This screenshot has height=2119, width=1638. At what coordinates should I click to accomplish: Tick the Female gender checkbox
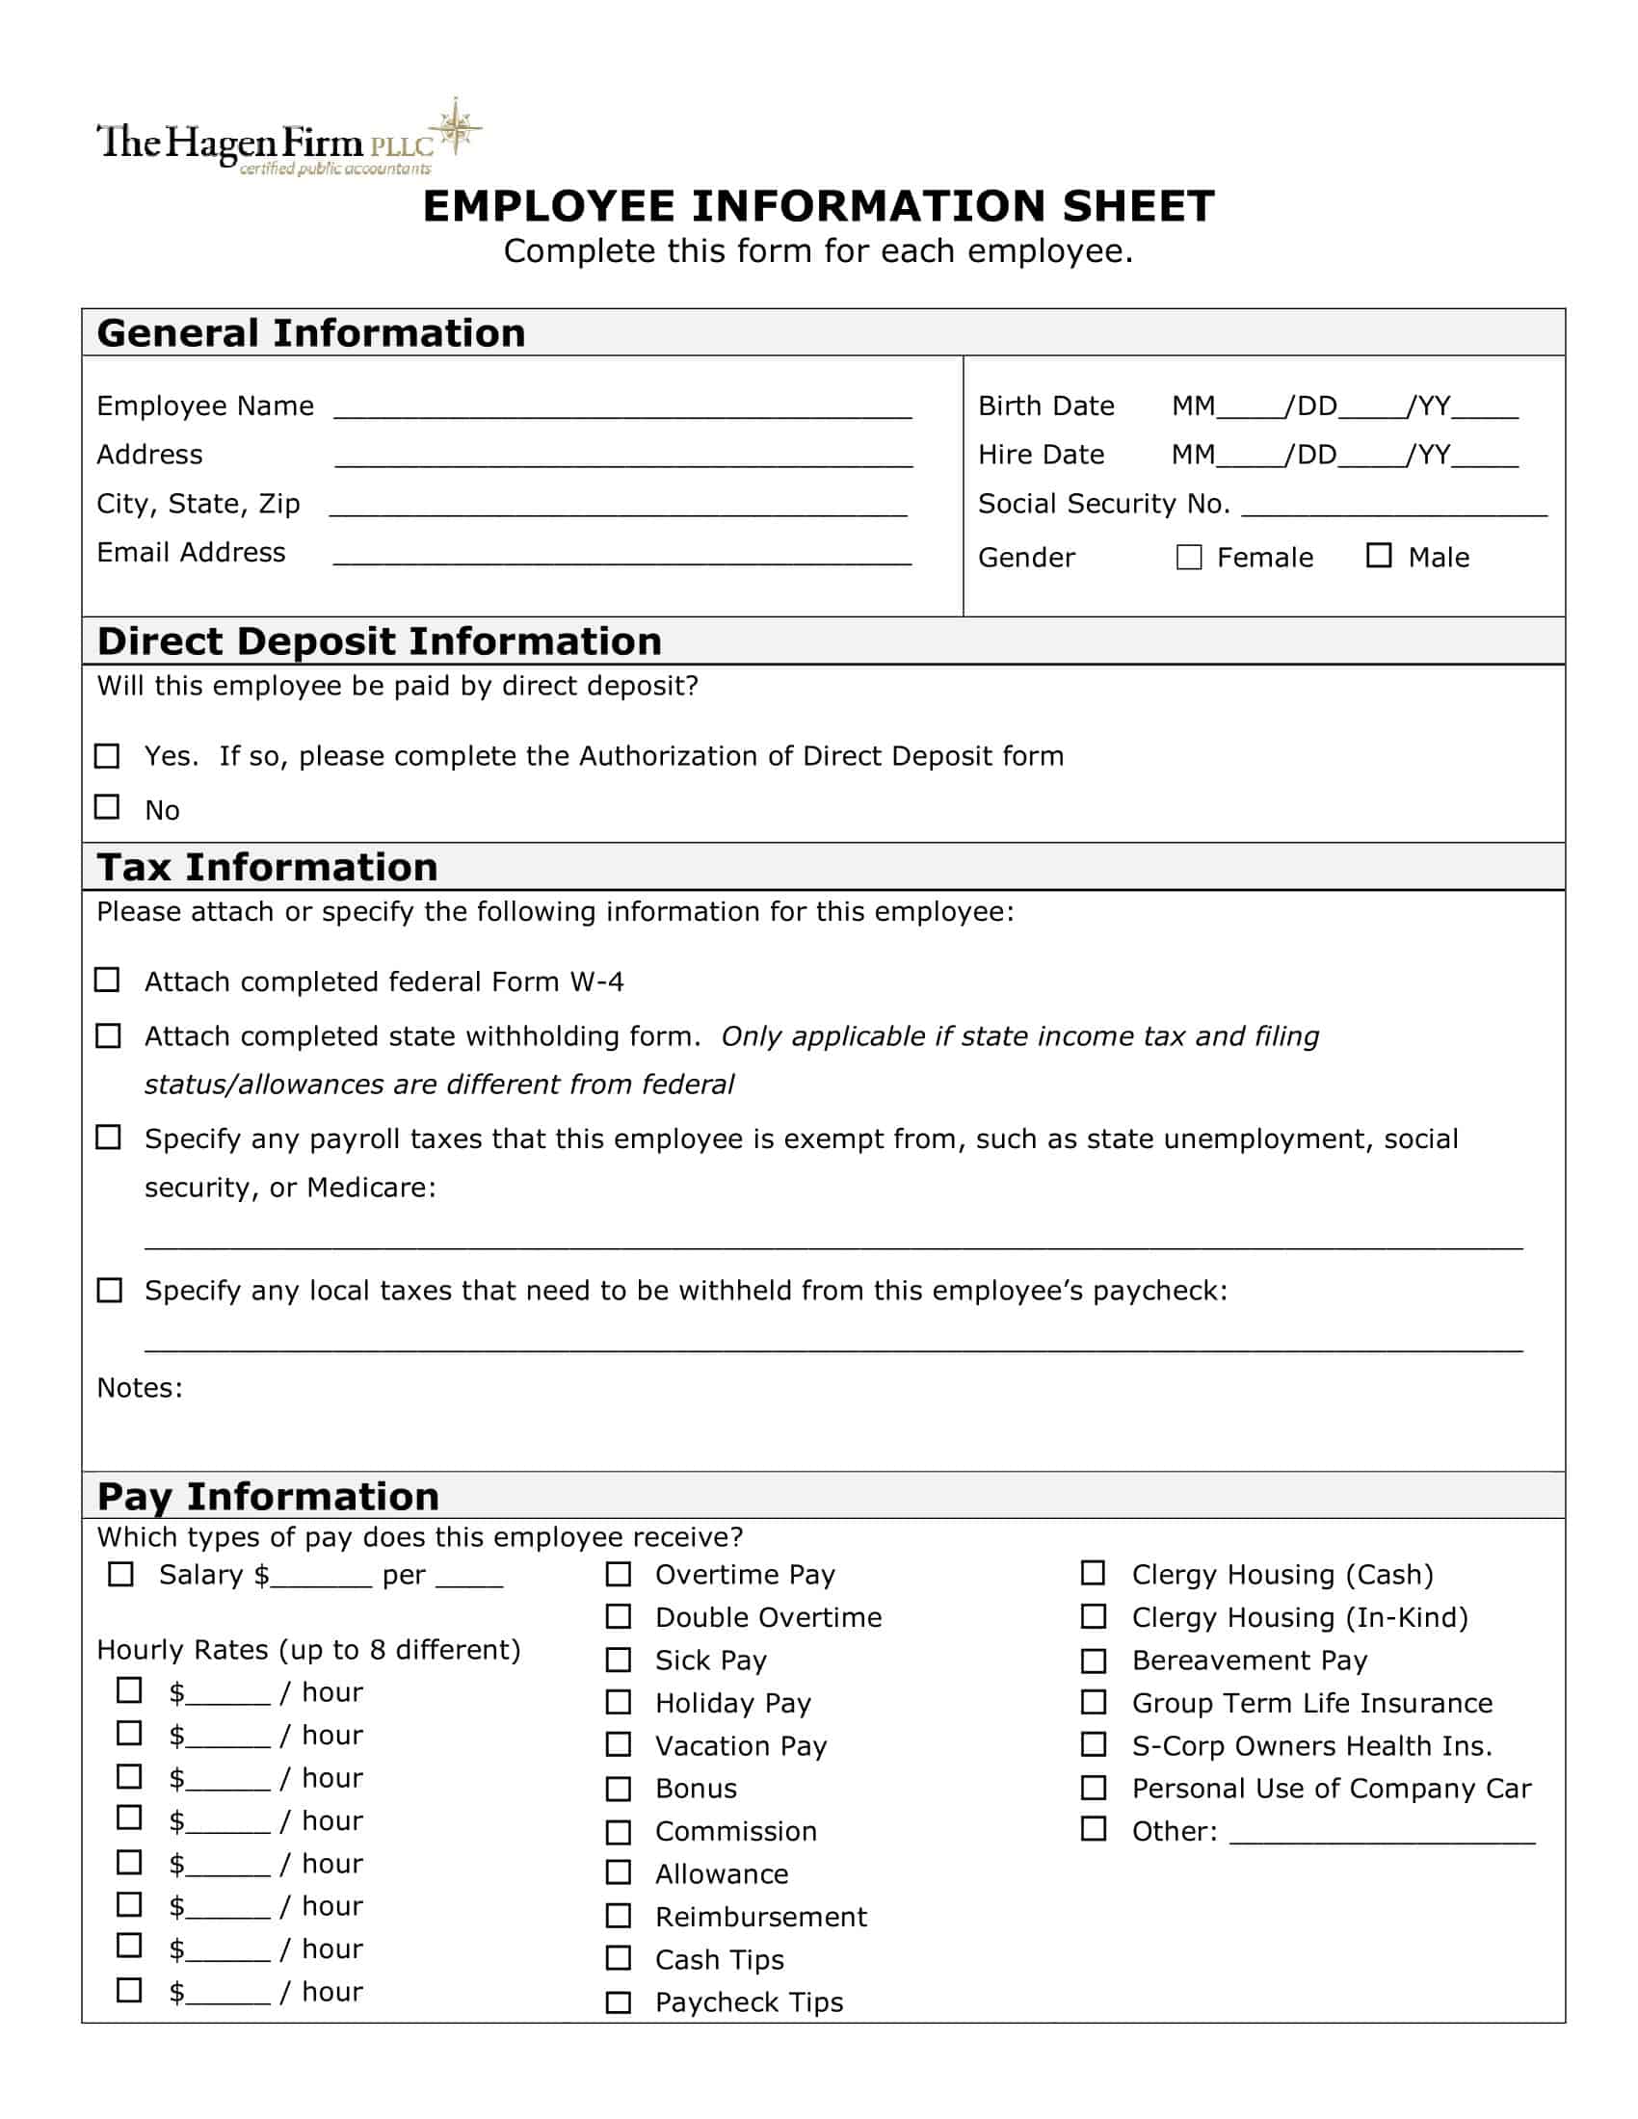(x=1189, y=557)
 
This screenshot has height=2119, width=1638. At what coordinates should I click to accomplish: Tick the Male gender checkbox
(x=1379, y=555)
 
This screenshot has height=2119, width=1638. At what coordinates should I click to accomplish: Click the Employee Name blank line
(x=622, y=411)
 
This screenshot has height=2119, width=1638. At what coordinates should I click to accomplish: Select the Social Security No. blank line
(x=1393, y=510)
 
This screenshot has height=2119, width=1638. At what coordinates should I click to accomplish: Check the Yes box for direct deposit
(x=108, y=756)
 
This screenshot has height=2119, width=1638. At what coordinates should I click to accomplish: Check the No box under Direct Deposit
(x=108, y=807)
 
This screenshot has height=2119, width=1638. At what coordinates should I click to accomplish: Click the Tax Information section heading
(x=268, y=868)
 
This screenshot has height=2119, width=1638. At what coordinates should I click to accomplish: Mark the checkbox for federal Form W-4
(x=108, y=980)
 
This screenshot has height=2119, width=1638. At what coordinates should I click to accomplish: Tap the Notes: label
(x=140, y=1388)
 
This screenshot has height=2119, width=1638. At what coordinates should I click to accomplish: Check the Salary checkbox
(x=120, y=1574)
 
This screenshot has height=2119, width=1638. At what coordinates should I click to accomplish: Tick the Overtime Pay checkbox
(x=619, y=1574)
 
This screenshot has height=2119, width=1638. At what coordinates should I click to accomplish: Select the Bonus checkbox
(x=619, y=1789)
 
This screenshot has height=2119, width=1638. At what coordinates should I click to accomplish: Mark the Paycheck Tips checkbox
(x=619, y=2001)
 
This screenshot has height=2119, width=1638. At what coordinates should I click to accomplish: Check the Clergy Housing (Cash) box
(x=1094, y=1573)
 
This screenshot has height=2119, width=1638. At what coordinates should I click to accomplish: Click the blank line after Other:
(x=1382, y=1836)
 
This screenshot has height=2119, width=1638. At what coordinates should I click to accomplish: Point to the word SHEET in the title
(x=1138, y=207)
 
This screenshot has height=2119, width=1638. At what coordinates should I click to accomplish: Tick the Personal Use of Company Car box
(x=1094, y=1787)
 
